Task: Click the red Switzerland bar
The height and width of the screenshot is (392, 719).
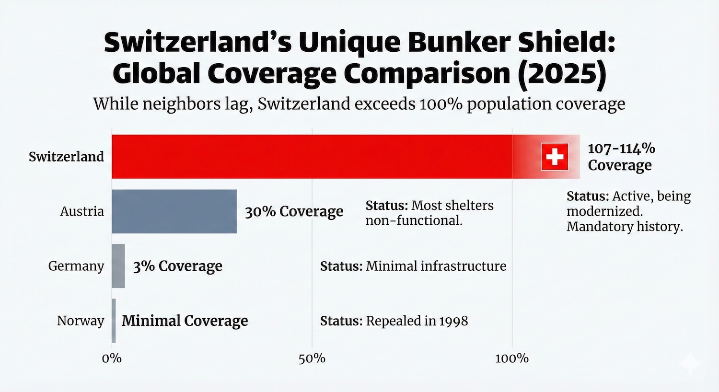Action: [312, 157]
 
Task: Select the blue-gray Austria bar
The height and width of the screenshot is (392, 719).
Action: [174, 211]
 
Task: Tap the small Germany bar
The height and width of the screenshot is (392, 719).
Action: [118, 266]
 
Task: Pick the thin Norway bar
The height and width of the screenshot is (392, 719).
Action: [114, 321]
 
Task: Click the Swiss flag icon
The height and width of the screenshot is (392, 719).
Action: [555, 157]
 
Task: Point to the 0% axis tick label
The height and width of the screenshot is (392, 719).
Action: [112, 358]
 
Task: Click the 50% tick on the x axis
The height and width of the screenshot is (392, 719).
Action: [312, 358]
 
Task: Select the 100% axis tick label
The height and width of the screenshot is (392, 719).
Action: [512, 358]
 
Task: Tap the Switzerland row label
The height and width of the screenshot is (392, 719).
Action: [66, 157]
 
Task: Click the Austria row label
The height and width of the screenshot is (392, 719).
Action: [82, 211]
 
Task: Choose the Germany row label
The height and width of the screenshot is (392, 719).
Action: [76, 266]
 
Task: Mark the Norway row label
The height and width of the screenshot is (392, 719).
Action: [81, 321]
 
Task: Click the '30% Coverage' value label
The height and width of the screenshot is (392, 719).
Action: [294, 211]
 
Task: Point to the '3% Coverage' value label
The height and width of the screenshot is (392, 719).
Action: [177, 266]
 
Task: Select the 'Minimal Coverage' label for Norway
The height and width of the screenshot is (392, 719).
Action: [185, 321]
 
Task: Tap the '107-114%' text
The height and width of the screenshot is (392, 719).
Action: [621, 149]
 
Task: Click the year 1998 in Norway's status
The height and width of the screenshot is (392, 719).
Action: [452, 321]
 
